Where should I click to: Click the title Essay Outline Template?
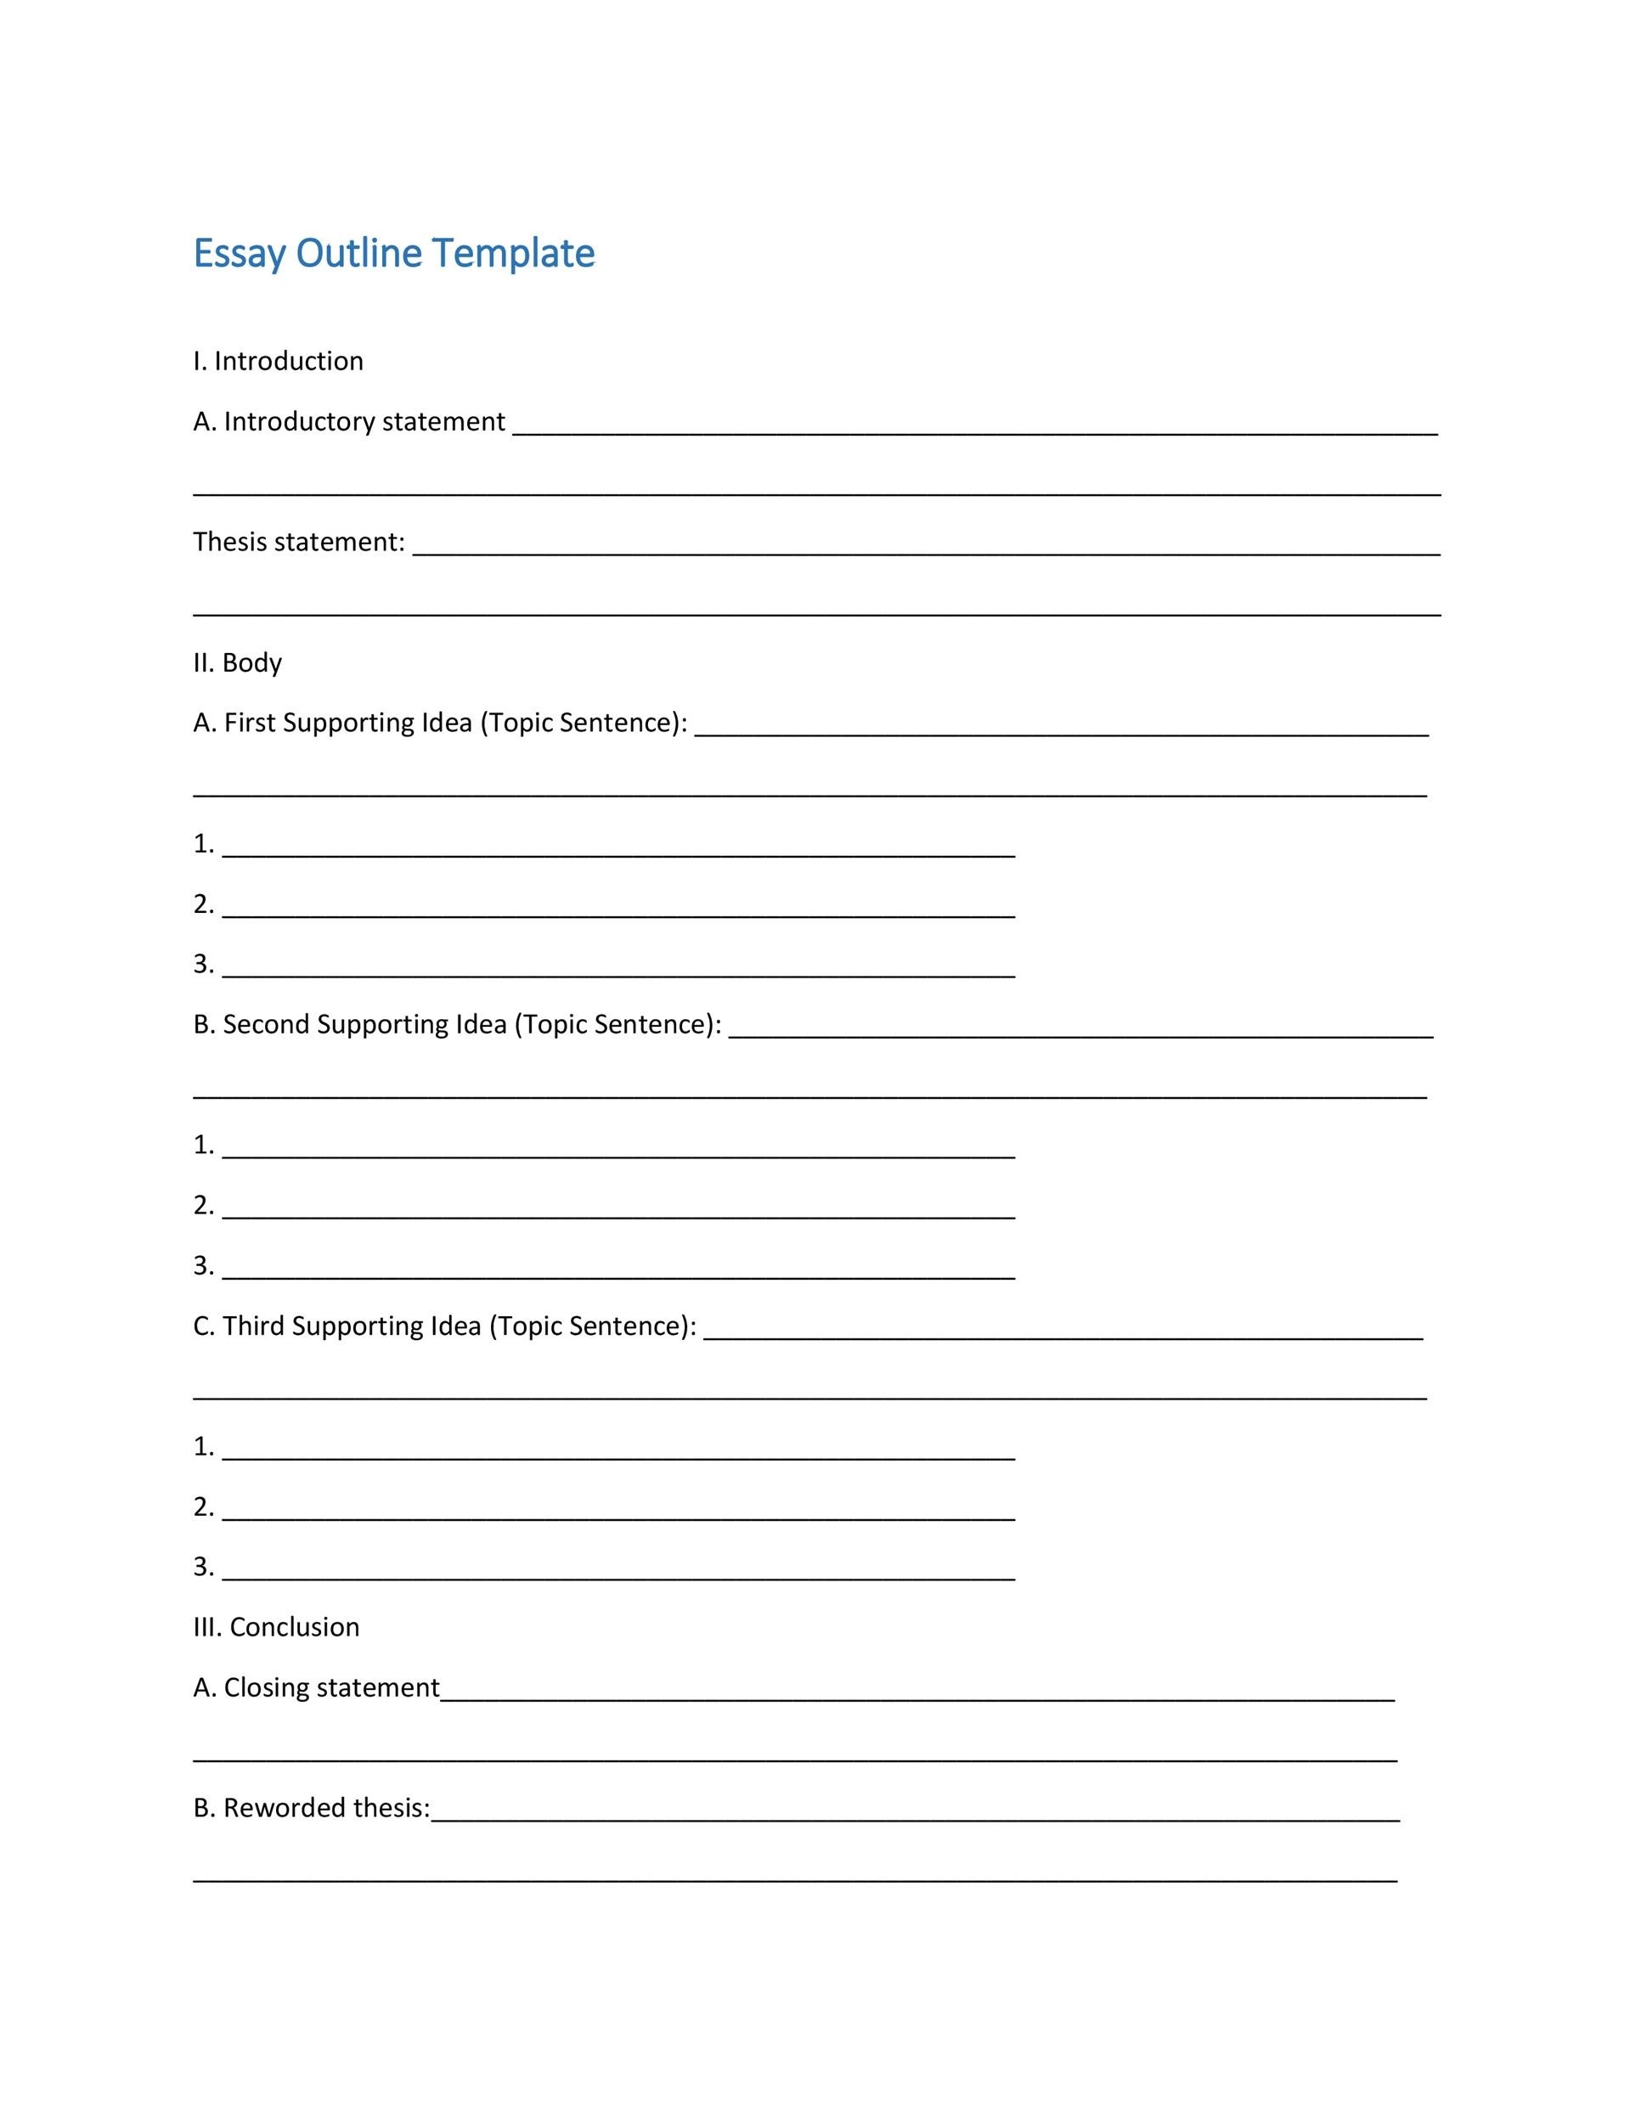pos(394,253)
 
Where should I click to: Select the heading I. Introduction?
pos(278,362)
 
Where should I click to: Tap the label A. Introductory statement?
pos(349,422)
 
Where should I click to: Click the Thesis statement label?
pos(298,542)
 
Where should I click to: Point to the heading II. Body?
pos(237,663)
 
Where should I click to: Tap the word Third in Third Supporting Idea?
pos(254,1326)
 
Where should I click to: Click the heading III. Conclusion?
pos(276,1627)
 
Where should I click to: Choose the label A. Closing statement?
pos(317,1687)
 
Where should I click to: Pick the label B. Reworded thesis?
pos(311,1808)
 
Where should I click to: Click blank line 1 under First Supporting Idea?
pos(618,853)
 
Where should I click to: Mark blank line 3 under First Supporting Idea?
pos(618,974)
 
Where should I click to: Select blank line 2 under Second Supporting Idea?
pos(618,1215)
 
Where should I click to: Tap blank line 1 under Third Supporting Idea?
pos(618,1456)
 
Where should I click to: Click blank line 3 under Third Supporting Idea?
pos(618,1577)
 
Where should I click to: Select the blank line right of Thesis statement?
pos(926,551)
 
